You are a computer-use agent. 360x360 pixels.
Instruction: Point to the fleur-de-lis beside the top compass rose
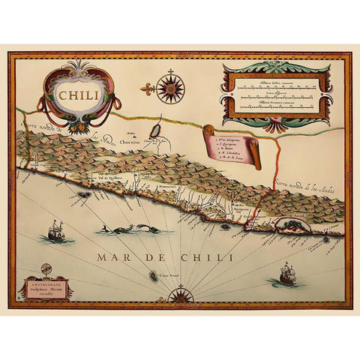148,88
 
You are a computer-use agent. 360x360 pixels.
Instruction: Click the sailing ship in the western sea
56,231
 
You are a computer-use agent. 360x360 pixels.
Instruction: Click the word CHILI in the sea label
201,257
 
